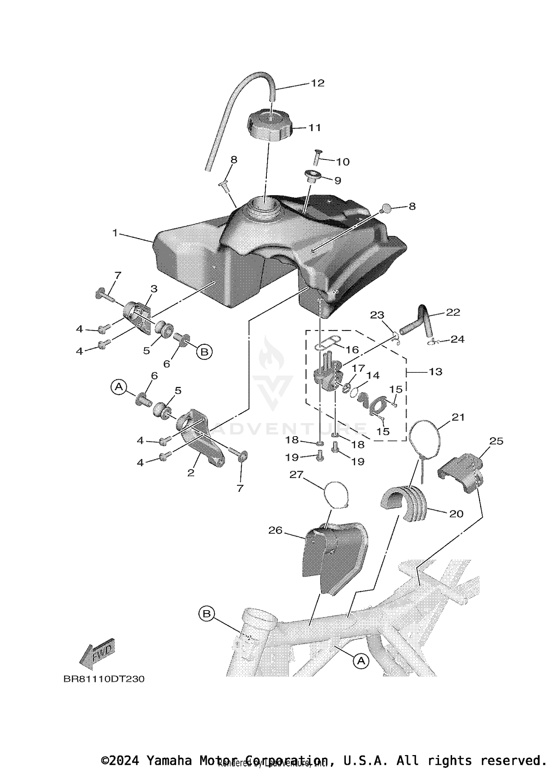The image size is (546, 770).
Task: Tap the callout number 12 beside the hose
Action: pos(317,83)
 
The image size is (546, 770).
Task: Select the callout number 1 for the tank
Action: pos(115,232)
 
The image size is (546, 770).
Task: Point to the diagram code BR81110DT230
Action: pos(104,679)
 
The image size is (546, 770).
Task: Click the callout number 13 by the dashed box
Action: pos(435,372)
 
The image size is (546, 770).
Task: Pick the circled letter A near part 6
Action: pos(119,387)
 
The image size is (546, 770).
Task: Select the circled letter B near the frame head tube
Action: pos(206,614)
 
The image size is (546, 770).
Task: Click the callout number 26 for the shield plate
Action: pos(275,530)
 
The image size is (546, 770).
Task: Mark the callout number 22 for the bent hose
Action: pos(453,312)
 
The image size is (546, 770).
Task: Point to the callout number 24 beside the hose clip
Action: pos(457,339)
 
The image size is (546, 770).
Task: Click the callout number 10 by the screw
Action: pos(343,162)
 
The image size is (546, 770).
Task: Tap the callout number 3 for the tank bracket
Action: pos(154,289)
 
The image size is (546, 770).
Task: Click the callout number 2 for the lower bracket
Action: pos(191,473)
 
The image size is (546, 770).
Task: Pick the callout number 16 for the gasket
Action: pos(352,350)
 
